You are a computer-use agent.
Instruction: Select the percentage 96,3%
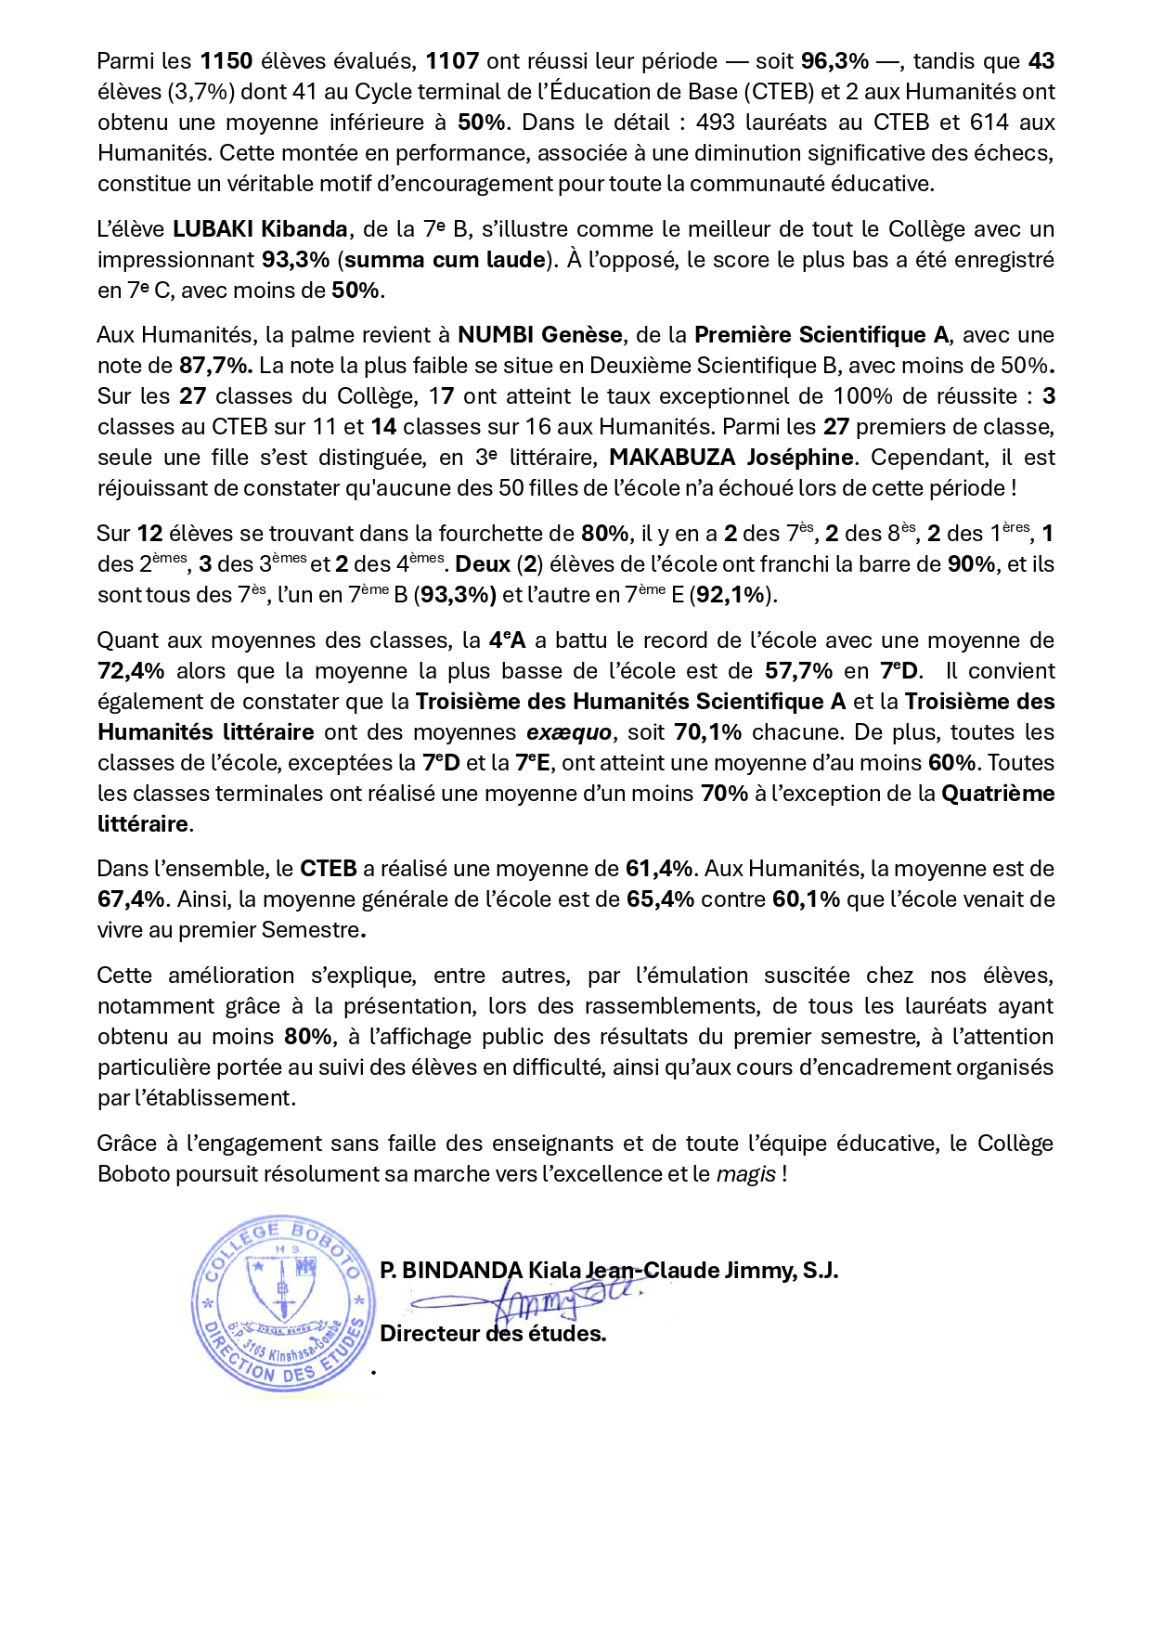click(834, 61)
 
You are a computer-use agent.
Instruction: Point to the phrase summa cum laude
click(445, 260)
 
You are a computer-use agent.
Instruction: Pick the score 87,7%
click(214, 366)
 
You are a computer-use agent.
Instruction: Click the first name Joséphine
click(800, 458)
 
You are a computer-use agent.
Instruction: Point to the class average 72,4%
click(131, 671)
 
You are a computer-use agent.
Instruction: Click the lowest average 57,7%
click(798, 671)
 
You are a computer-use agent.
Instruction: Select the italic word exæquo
click(569, 732)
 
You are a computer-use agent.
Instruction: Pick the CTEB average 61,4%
click(659, 869)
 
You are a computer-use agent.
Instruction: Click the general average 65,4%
click(660, 899)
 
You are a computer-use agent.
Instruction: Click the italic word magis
click(745, 1174)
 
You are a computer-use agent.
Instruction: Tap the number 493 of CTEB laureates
click(715, 123)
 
